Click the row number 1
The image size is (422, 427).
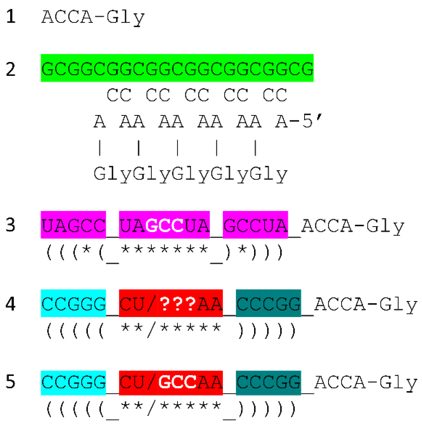(x=11, y=17)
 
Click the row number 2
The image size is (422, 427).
(x=11, y=69)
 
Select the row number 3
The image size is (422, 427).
(x=11, y=225)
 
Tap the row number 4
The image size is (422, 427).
(x=11, y=304)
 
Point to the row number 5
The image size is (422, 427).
(x=11, y=382)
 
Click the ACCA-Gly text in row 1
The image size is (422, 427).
(x=93, y=17)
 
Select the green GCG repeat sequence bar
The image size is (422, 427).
(x=177, y=68)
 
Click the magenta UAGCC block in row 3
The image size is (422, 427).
(x=73, y=225)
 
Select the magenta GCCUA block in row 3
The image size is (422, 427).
(x=255, y=225)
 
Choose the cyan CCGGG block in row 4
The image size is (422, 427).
(x=73, y=303)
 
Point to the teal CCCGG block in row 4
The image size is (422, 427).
(x=268, y=303)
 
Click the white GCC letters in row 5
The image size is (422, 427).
(x=177, y=382)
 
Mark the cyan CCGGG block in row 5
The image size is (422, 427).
(x=73, y=382)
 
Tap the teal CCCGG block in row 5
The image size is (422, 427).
(x=268, y=382)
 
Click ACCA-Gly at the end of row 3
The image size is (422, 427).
(x=353, y=226)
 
